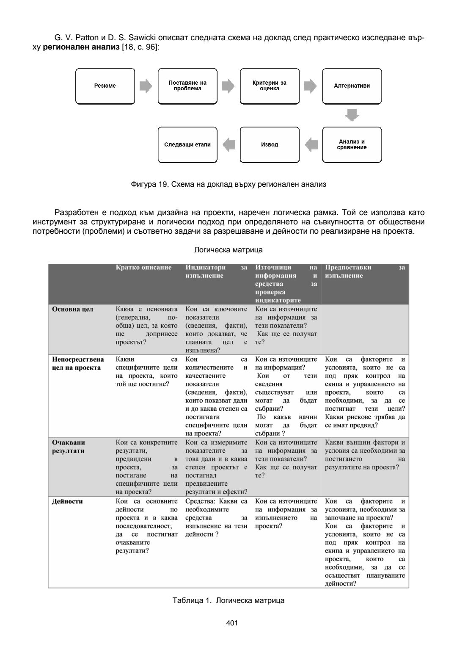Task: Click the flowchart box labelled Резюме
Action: (105, 86)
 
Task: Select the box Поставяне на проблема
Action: (187, 86)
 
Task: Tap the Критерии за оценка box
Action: (270, 86)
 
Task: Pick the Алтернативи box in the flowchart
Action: (352, 86)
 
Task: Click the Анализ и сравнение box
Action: (352, 145)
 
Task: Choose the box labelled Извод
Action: (270, 145)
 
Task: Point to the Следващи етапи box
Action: (187, 145)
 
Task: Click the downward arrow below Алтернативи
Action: (352, 115)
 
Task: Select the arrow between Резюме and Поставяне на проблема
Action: (146, 86)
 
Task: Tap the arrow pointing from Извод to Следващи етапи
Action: (229, 145)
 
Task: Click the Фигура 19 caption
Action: (228, 185)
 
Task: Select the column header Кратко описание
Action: (143, 268)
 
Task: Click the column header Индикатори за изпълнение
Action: (216, 271)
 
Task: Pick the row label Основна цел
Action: (72, 310)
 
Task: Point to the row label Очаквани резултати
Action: (68, 447)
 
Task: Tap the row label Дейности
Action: (67, 502)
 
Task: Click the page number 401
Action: (232, 623)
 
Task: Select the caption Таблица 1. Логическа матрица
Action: (228, 600)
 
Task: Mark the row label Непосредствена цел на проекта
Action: (77, 364)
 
